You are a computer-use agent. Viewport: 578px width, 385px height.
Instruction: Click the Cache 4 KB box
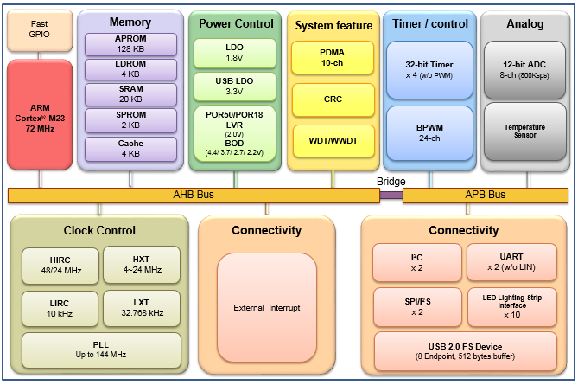click(130, 149)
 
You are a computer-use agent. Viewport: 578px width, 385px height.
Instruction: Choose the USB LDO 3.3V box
click(235, 85)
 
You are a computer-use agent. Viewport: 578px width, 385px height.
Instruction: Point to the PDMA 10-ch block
click(333, 58)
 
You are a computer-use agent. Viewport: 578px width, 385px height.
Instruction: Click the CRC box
click(333, 99)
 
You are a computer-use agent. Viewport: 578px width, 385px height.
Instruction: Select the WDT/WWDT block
click(333, 139)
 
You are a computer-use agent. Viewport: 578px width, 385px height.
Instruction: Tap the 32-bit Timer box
click(429, 69)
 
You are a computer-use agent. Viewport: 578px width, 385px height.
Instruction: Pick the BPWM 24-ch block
click(429, 132)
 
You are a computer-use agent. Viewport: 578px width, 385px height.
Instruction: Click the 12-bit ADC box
click(524, 69)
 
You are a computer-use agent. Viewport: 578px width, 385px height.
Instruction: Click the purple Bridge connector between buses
click(391, 195)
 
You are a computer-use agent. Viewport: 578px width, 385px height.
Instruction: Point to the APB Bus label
click(485, 195)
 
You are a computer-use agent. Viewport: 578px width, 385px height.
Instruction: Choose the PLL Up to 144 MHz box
click(98, 349)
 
